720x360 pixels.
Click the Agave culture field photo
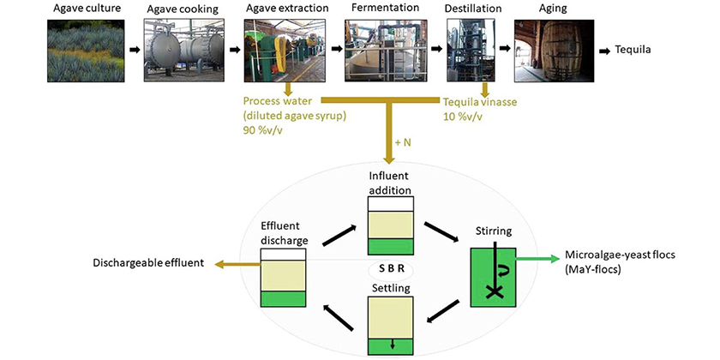[x=86, y=51]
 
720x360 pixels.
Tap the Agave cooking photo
[x=184, y=51]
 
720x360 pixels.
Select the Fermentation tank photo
[x=386, y=51]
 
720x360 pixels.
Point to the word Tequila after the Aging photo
[x=633, y=50]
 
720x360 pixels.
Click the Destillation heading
[x=473, y=9]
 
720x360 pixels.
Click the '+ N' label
[x=403, y=143]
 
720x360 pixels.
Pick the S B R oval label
[x=391, y=269]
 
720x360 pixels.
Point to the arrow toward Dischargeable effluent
[x=238, y=264]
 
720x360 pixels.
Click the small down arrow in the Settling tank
[x=392, y=345]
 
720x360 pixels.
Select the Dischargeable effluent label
[x=147, y=264]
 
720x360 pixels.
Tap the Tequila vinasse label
[x=479, y=102]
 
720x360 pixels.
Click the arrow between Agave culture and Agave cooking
[x=134, y=50]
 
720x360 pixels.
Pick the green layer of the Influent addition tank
[x=391, y=246]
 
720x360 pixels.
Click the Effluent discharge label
[x=285, y=233]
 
